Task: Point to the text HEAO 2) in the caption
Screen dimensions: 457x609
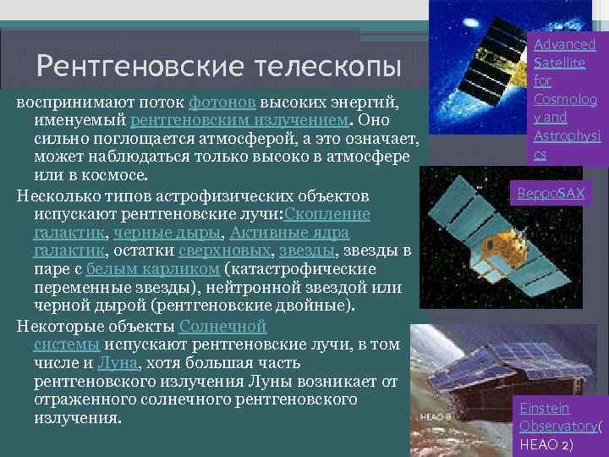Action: [x=546, y=444]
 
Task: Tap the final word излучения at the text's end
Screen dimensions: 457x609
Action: [x=77, y=419]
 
